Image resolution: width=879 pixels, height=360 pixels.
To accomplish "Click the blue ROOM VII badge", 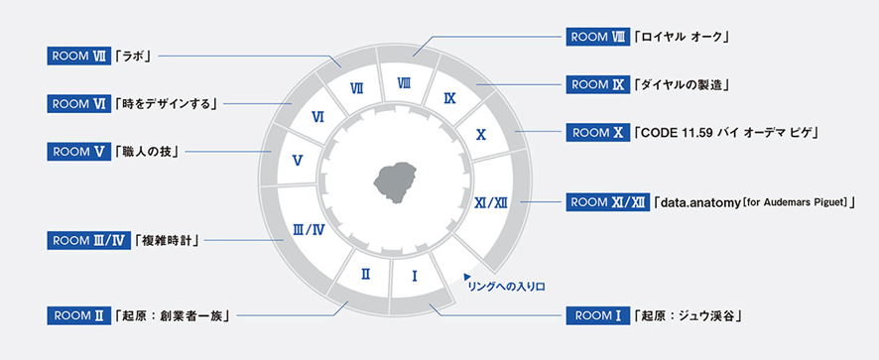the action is tap(79, 57).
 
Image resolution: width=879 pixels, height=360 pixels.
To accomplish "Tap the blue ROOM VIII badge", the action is tap(598, 37).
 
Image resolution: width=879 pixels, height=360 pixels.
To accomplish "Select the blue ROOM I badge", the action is tap(598, 315).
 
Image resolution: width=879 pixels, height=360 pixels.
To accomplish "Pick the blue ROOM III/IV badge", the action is tap(89, 241).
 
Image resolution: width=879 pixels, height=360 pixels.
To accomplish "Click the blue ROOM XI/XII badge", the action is tap(608, 202).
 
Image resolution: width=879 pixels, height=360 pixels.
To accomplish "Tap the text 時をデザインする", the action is tap(166, 104).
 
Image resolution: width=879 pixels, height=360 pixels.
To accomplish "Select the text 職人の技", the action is tap(147, 152).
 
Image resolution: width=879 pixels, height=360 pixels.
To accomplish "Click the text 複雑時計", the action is tap(169, 241).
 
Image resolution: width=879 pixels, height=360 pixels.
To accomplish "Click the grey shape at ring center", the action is tap(395, 182).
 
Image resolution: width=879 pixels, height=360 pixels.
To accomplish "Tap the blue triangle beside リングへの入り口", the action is tap(466, 276).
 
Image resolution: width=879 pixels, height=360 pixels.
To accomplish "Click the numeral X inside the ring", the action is tap(480, 135).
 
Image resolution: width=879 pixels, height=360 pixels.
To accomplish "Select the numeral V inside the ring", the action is tap(298, 161).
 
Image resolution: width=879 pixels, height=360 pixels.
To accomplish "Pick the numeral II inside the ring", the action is tap(365, 274).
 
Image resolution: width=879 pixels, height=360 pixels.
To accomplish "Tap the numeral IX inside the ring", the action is tap(449, 99).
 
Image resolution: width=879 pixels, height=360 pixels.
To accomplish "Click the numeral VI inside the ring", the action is tap(317, 117).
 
